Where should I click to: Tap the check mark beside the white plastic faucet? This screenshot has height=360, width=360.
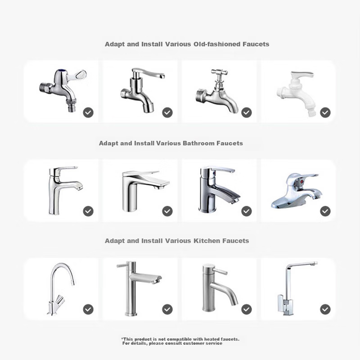click(325, 112)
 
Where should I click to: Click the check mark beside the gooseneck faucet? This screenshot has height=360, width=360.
click(88, 309)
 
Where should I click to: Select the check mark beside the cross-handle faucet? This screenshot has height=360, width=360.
click(246, 112)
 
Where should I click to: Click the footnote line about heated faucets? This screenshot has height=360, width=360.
click(180, 339)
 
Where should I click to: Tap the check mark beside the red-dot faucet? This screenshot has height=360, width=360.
click(325, 211)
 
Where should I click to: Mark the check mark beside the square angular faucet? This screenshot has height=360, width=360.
click(325, 309)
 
